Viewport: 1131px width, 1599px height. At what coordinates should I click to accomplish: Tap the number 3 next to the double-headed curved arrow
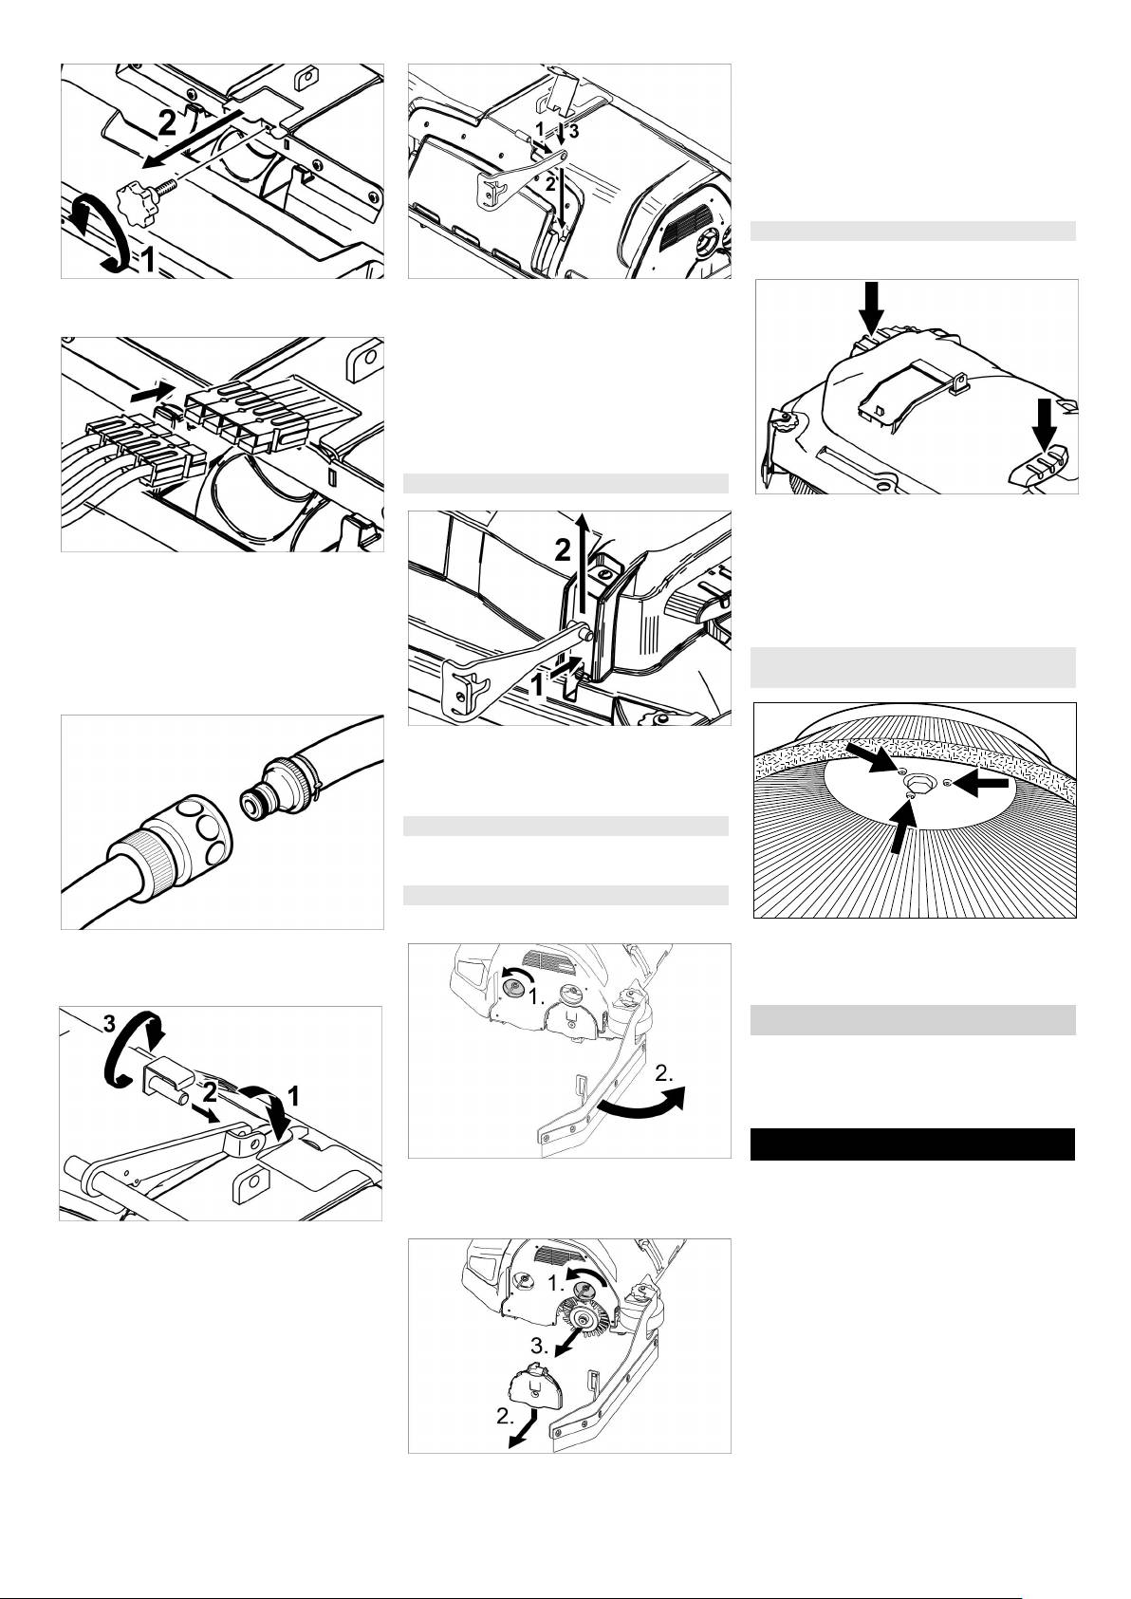coord(108,1024)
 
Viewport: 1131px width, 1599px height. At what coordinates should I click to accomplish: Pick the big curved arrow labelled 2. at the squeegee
coord(640,1100)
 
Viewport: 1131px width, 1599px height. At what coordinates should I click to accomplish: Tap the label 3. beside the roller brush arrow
coord(540,1347)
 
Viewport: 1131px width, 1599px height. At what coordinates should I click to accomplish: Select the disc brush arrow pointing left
coord(980,784)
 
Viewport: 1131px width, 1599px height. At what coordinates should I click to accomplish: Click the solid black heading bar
coord(912,1144)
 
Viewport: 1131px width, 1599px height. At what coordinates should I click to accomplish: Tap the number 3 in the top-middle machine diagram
coord(574,131)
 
